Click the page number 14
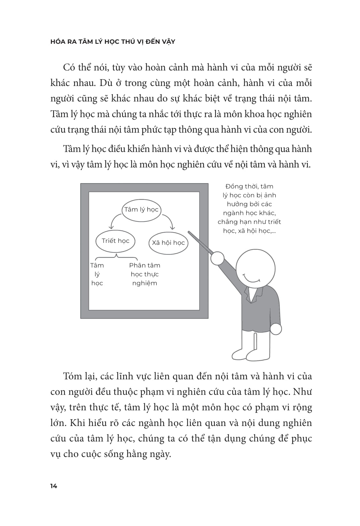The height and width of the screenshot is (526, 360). (x=54, y=486)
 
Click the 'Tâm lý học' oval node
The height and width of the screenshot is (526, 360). (x=141, y=210)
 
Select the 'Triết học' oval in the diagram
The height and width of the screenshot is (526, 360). (x=115, y=241)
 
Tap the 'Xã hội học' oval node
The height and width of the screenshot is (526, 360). (x=168, y=243)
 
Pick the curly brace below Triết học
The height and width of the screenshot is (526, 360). (x=117, y=256)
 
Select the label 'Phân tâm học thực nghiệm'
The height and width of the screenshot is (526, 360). (x=145, y=274)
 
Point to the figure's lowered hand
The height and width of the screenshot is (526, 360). (x=276, y=329)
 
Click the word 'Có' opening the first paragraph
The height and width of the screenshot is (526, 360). (x=69, y=67)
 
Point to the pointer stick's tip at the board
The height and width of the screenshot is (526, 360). (x=190, y=233)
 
